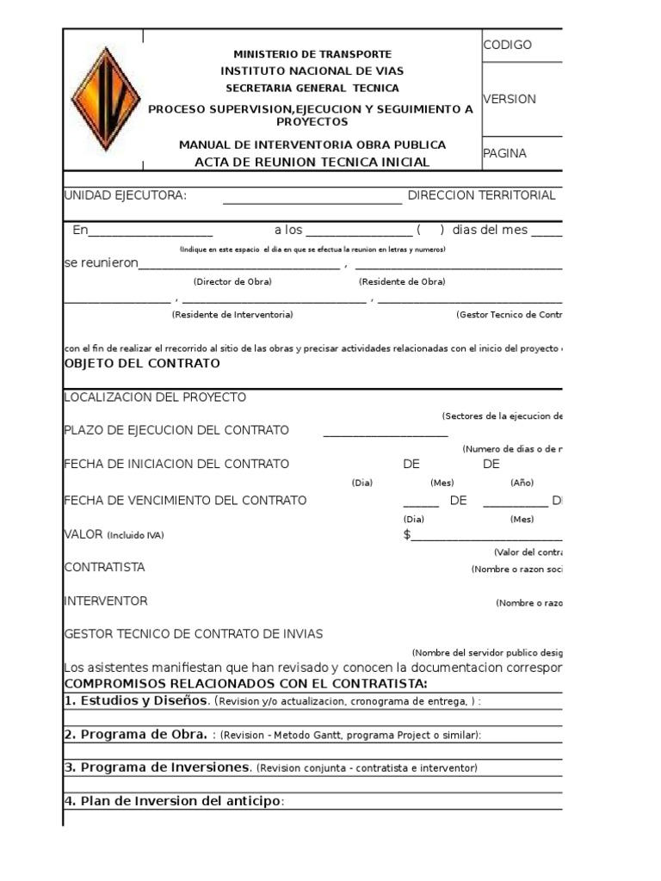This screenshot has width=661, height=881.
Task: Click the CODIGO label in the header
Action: coord(508,45)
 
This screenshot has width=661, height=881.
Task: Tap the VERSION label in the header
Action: coord(510,99)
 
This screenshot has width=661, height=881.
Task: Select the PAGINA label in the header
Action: coord(504,153)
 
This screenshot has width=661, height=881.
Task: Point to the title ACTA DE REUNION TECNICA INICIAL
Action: coord(312,162)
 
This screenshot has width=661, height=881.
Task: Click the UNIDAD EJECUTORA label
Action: coord(126,195)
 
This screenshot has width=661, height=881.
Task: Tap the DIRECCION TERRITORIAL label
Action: coord(481,195)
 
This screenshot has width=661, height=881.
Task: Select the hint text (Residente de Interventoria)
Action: coord(232,315)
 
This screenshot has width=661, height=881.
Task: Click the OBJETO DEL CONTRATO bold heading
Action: coord(142,363)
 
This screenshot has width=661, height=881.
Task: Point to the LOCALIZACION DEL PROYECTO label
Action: coord(155,397)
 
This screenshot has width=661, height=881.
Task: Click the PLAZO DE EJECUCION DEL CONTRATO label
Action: coord(176,430)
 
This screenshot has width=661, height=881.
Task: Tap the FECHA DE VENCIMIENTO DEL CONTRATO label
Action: coord(185,500)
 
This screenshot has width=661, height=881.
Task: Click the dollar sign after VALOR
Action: coord(407,534)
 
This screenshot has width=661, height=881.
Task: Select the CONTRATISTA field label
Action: coord(104,567)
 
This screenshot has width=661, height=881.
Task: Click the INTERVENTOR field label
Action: coord(106,601)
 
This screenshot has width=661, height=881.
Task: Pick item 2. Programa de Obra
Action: coord(135,734)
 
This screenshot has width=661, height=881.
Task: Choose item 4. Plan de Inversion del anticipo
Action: coord(173,801)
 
